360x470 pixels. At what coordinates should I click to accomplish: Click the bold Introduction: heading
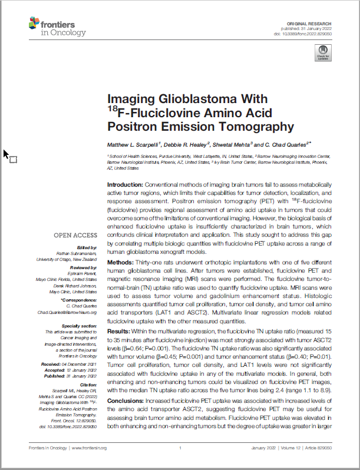(x=125, y=185)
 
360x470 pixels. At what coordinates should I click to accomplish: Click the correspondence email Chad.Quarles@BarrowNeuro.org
(x=67, y=312)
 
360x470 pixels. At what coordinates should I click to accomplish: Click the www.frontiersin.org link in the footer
(x=88, y=448)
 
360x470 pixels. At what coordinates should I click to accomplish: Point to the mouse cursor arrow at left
(x=6, y=154)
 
